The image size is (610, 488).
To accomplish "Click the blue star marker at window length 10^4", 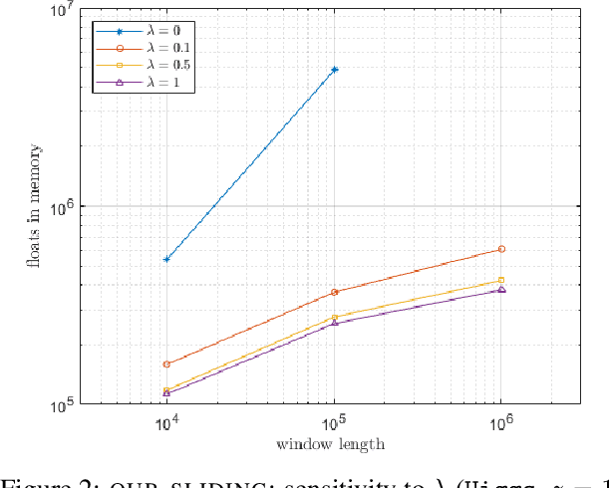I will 166,259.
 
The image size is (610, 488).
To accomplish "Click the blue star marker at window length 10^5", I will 334,70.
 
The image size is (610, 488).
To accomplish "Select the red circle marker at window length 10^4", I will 166,365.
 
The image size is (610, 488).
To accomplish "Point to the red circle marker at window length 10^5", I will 334,292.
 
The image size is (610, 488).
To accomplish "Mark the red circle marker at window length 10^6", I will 501,249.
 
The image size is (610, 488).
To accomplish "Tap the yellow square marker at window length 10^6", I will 501,280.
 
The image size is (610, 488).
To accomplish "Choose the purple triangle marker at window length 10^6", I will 501,290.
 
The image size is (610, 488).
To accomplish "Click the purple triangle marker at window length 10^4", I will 166,393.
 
